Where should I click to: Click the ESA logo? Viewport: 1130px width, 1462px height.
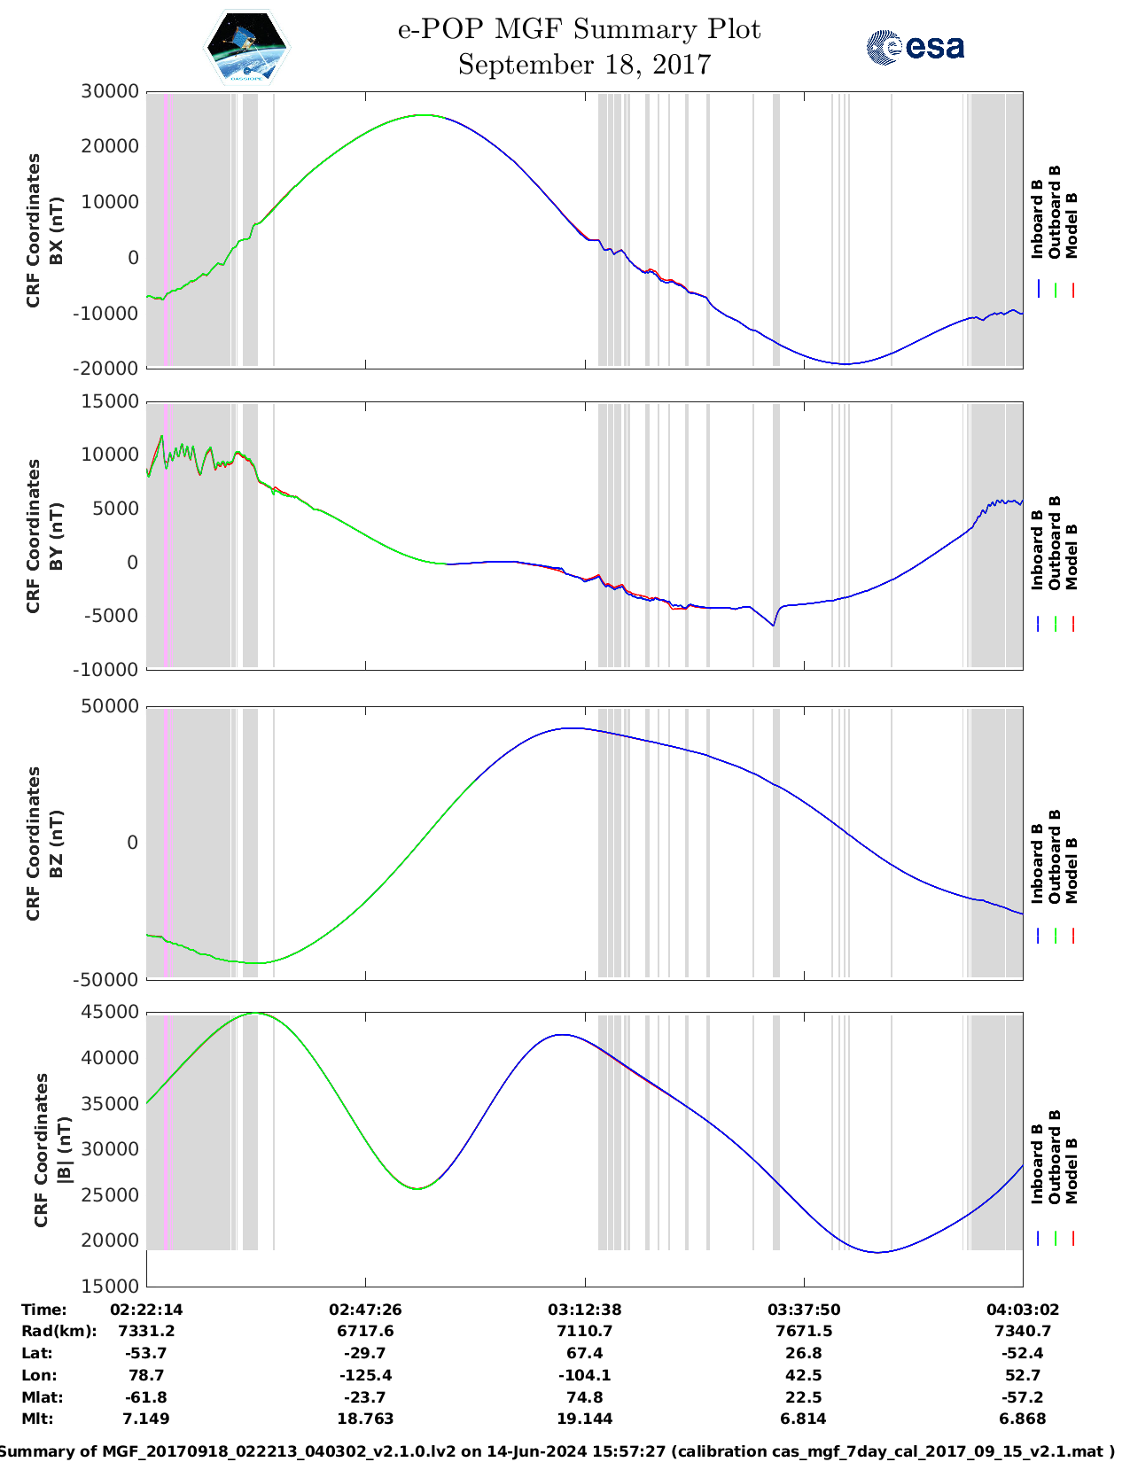point(916,47)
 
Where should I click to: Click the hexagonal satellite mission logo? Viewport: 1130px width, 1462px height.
point(247,47)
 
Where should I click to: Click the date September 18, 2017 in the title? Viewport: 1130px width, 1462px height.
point(584,66)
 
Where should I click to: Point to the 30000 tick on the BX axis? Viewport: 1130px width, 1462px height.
point(110,91)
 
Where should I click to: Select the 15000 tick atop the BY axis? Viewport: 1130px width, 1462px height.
point(110,401)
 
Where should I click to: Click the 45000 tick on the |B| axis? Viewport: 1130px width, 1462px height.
point(110,1012)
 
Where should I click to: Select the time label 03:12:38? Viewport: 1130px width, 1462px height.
point(584,1310)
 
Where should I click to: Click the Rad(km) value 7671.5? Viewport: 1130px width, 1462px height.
point(803,1331)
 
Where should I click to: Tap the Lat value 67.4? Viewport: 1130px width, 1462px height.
point(584,1353)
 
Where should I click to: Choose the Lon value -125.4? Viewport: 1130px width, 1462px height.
point(365,1375)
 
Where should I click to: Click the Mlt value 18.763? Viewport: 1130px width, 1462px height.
point(365,1419)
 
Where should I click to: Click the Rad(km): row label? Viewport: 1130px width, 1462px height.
point(58,1331)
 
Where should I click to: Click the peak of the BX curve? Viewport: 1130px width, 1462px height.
point(426,115)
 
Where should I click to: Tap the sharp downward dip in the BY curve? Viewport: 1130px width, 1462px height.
point(773,626)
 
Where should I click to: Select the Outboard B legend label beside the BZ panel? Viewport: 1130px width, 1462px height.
point(1055,856)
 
